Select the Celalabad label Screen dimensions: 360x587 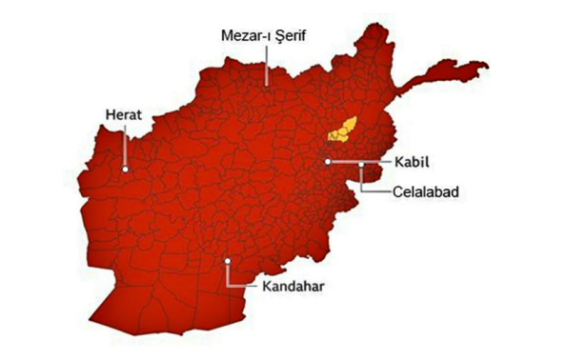point(426,191)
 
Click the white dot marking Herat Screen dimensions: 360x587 point(125,170)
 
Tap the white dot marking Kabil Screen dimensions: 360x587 point(328,163)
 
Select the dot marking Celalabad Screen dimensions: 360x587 point(362,165)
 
